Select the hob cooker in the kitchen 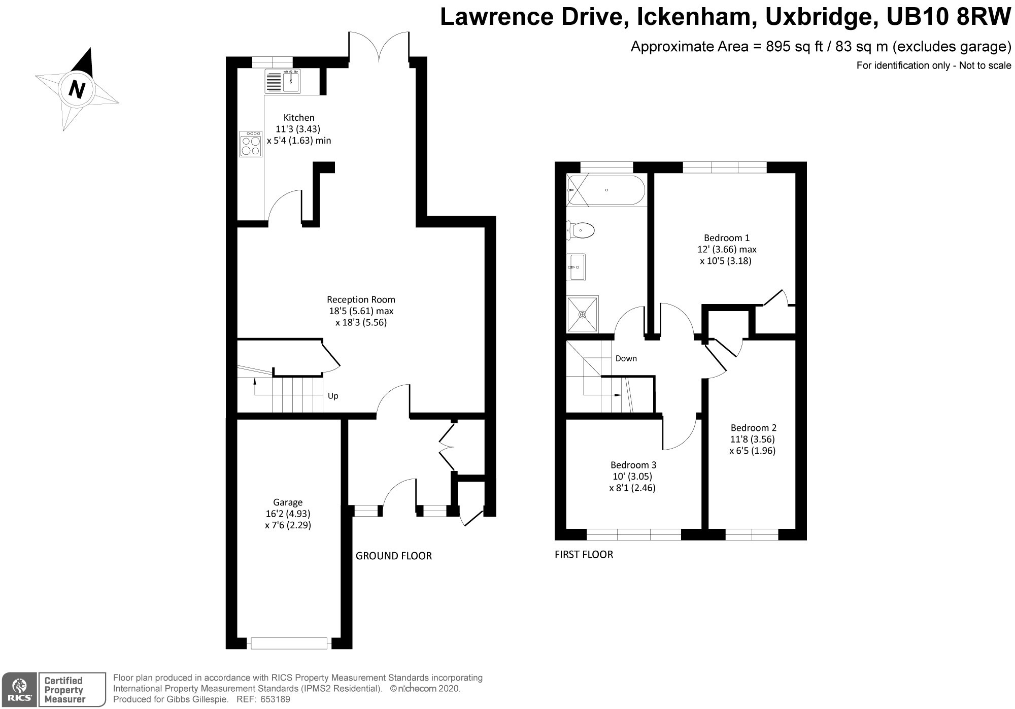[x=251, y=144]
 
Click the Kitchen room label [x=299, y=118]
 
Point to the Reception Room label [x=361, y=299]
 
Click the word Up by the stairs [x=333, y=396]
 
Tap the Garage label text [x=288, y=502]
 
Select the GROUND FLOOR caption [x=394, y=556]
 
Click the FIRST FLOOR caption [x=584, y=555]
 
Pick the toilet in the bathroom [x=581, y=230]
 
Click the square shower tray [x=583, y=314]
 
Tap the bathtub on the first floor [x=606, y=190]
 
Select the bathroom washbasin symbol [x=577, y=267]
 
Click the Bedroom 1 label [x=727, y=238]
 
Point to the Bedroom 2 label [x=753, y=428]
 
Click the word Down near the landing [x=626, y=358]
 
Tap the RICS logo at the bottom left [x=19, y=689]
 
